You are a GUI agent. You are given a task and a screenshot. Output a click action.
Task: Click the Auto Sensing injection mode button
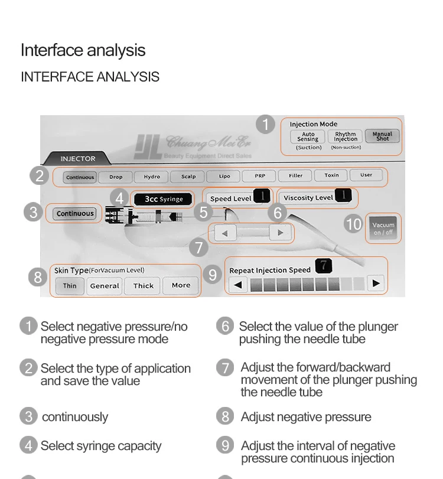(307, 136)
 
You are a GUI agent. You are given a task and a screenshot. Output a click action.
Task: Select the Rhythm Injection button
(346, 136)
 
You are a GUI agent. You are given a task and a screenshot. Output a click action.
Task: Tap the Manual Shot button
(382, 136)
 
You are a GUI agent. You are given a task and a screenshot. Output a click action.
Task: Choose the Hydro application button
(152, 176)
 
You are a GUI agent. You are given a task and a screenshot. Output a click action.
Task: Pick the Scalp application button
(188, 176)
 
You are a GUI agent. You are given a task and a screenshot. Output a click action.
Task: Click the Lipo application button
(224, 176)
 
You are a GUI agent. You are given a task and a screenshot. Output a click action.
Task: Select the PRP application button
(260, 176)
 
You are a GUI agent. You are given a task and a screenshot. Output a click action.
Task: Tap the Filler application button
(295, 175)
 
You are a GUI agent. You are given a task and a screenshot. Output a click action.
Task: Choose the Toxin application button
(331, 175)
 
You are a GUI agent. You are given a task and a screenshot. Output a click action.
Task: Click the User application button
(366, 175)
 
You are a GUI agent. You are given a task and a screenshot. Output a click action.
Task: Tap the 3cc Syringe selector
(164, 199)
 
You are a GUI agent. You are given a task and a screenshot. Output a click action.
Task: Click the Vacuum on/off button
(383, 227)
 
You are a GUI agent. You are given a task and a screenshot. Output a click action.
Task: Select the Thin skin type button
(70, 286)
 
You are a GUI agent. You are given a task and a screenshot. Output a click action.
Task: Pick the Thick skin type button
(144, 286)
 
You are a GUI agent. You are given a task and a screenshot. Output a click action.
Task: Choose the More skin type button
(181, 285)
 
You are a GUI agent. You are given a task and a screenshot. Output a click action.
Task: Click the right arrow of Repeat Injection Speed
(376, 284)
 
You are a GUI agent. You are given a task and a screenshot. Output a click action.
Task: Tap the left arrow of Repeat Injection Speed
(238, 285)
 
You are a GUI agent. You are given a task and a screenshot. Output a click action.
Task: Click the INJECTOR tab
(77, 158)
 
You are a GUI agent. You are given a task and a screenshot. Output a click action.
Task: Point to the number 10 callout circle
(353, 224)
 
